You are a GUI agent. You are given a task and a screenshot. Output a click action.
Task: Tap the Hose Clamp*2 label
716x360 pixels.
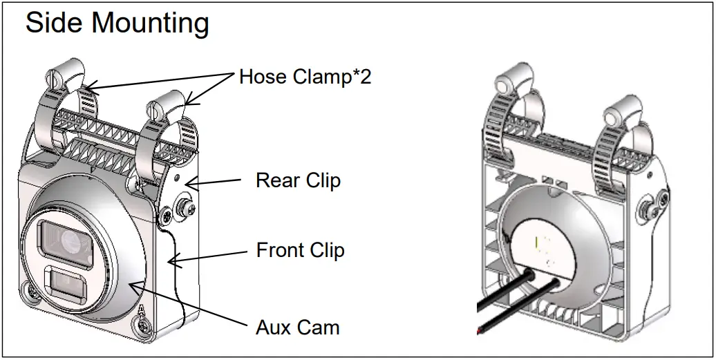305,77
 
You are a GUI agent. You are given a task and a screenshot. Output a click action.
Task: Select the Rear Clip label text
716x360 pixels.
298,181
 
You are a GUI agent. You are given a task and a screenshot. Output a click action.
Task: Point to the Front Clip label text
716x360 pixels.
300,249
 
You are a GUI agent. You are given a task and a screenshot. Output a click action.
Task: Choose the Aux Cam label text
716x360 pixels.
298,327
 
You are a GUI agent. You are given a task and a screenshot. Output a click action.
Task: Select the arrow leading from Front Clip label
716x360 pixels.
207,255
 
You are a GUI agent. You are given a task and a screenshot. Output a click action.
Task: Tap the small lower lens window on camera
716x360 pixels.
66,284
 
